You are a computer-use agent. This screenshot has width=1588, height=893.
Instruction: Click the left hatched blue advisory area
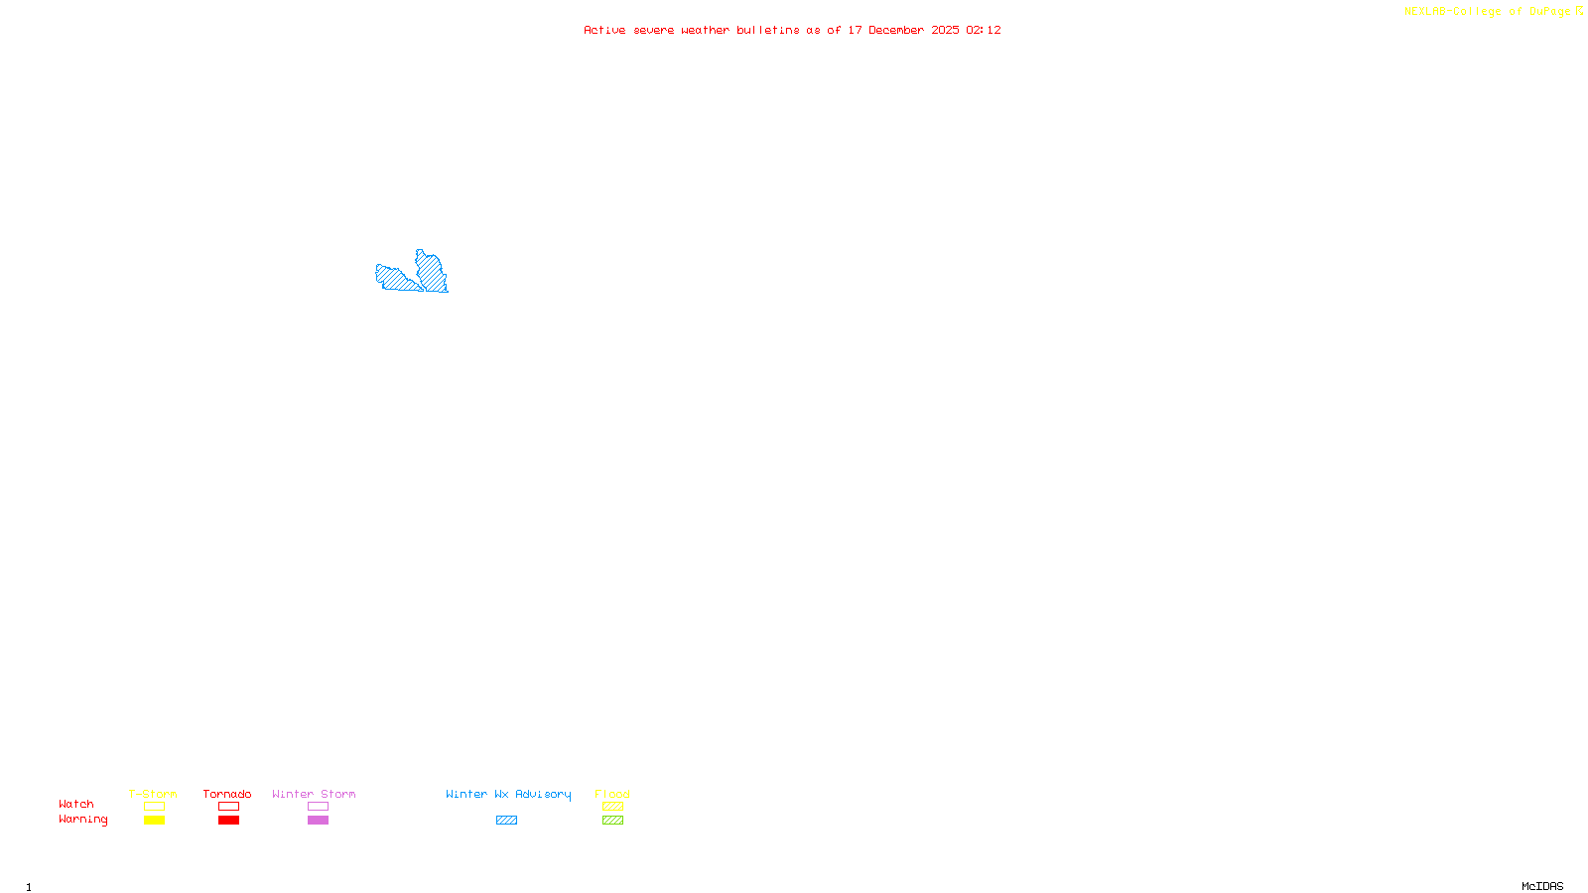point(397,279)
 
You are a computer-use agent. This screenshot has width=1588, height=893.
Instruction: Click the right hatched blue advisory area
point(432,272)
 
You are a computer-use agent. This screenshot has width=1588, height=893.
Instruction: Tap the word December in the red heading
point(896,30)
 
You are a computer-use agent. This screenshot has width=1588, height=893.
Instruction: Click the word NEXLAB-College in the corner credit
point(1452,11)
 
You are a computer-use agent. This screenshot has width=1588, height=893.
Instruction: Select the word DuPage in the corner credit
point(1549,11)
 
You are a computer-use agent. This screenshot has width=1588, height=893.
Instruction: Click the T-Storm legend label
point(153,794)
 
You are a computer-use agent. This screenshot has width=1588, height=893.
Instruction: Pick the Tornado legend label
point(227,794)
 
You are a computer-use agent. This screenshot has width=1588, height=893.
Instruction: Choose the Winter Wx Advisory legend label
point(508,794)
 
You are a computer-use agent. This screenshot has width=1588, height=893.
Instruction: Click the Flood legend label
point(612,794)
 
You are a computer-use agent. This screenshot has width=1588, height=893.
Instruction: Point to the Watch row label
point(76,804)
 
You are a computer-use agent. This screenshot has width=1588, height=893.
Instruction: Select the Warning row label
point(83,820)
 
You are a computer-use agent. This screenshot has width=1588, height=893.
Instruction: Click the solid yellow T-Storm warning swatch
point(154,821)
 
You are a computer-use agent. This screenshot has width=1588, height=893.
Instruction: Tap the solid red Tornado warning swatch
point(228,821)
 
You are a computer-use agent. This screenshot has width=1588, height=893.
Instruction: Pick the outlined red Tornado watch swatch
point(228,807)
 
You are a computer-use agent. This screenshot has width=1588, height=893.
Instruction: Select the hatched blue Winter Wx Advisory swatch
point(506,821)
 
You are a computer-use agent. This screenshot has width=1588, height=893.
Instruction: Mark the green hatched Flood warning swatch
point(612,821)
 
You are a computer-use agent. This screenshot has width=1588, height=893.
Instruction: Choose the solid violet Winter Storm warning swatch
point(318,821)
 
